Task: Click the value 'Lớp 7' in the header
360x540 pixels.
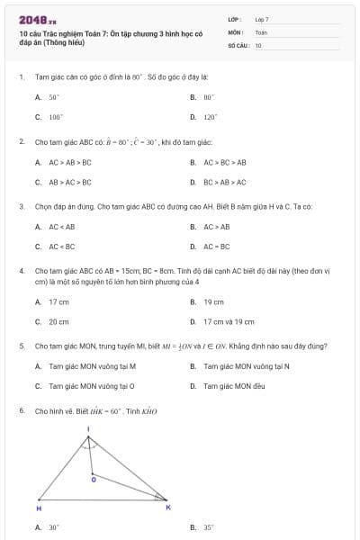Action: point(262,19)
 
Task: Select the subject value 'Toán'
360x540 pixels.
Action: point(261,31)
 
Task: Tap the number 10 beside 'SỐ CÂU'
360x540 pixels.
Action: point(258,44)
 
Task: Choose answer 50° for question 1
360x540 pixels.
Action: point(53,96)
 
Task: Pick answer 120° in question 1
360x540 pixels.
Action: point(210,117)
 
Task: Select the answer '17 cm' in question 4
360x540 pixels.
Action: point(58,302)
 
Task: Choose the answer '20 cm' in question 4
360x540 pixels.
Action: point(58,321)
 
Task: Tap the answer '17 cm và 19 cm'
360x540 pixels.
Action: point(229,321)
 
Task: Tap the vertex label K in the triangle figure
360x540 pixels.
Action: point(167,508)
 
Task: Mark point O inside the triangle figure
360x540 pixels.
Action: point(94,480)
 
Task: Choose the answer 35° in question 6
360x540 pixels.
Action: point(209,528)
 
